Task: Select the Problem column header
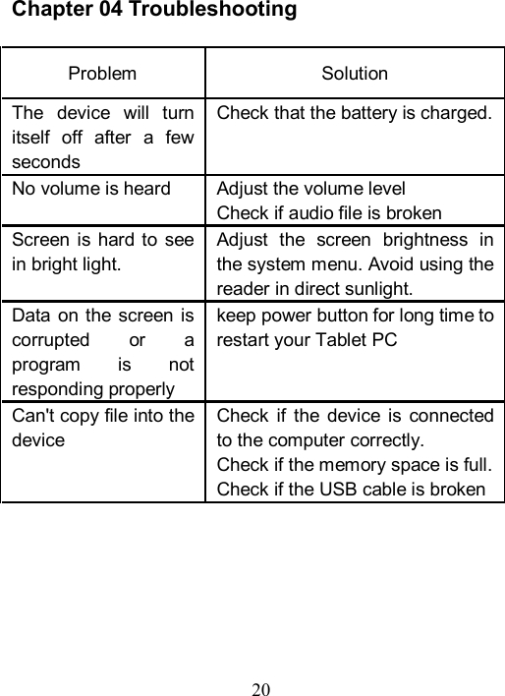click(103, 74)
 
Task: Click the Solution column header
click(355, 74)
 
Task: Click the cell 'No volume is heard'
click(90, 190)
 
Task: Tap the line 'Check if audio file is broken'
click(328, 212)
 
